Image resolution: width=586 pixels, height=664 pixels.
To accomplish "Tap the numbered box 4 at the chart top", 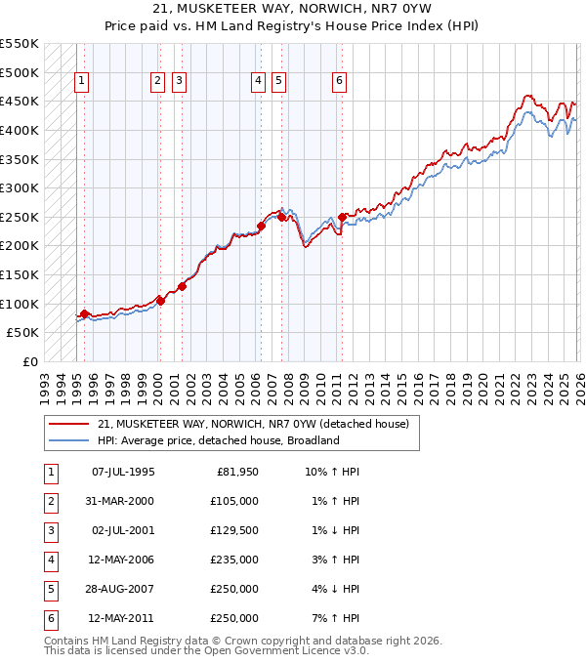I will [x=258, y=82].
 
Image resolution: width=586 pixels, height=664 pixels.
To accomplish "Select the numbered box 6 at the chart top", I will [x=339, y=82].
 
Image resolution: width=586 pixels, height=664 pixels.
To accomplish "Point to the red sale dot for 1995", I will [x=84, y=313].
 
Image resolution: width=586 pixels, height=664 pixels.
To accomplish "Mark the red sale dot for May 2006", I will [x=261, y=226].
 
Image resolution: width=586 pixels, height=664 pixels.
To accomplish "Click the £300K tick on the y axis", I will [x=20, y=187].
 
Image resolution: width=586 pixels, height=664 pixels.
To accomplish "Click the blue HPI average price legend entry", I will [x=217, y=440].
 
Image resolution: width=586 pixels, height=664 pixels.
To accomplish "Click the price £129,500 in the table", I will [x=235, y=530].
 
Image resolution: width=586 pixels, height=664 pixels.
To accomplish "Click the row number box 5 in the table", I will [x=50, y=589].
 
